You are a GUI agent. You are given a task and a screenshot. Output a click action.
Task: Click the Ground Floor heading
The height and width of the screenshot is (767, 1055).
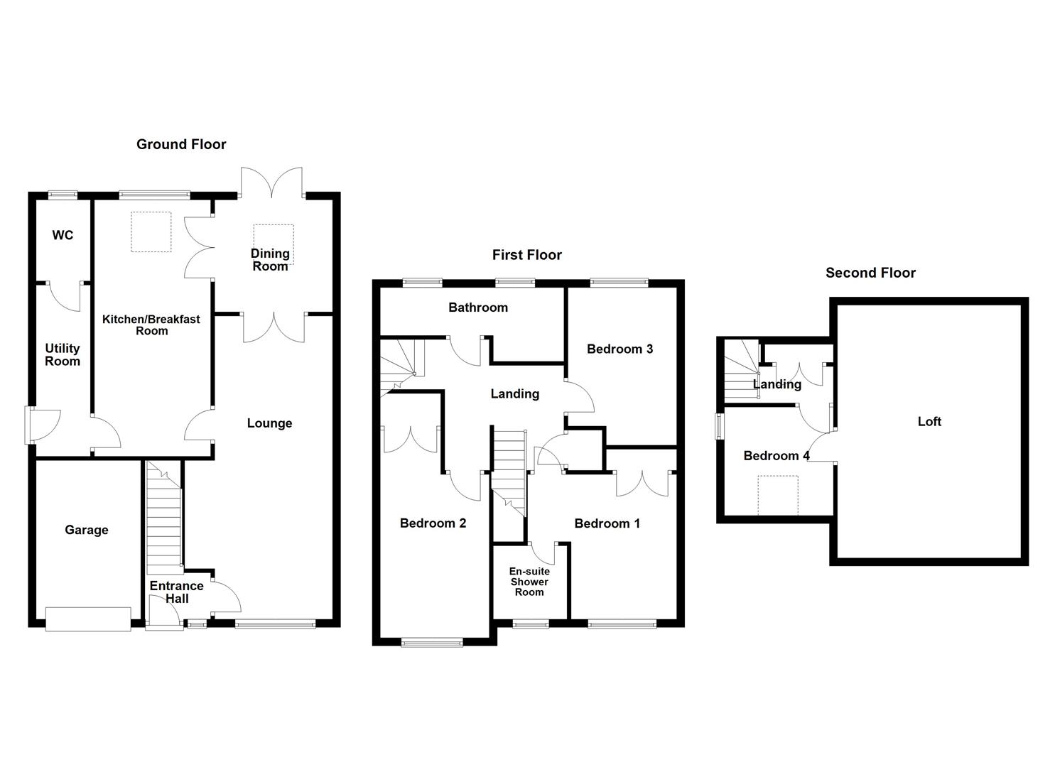click(181, 144)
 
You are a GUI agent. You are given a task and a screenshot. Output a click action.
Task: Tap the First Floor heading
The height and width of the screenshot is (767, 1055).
click(526, 255)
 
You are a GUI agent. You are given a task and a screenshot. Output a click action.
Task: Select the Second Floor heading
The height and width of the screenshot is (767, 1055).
click(870, 273)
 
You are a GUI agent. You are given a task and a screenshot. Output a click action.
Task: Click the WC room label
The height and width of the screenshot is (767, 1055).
click(63, 235)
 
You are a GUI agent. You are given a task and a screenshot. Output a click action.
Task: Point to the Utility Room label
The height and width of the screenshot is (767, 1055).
click(63, 354)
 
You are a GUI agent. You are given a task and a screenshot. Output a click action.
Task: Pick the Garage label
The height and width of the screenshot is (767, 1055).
click(87, 530)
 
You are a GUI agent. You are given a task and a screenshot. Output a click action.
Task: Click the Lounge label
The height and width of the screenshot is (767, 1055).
click(269, 423)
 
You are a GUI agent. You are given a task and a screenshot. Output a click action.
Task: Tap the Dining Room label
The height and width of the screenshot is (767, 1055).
click(270, 260)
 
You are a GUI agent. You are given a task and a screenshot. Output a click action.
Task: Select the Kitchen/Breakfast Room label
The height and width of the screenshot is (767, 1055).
click(151, 325)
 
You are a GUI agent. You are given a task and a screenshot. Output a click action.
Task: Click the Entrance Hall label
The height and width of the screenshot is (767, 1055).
click(176, 592)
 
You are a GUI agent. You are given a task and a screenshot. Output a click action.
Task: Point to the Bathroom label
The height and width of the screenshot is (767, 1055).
click(477, 308)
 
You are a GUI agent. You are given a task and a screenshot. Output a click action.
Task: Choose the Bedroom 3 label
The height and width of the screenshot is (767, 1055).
click(620, 349)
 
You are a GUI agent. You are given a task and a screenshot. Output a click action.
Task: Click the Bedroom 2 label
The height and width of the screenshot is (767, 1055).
click(433, 523)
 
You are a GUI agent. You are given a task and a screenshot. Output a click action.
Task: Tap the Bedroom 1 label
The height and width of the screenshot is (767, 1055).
click(607, 523)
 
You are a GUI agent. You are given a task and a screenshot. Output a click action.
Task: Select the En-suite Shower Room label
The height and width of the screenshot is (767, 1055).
click(529, 582)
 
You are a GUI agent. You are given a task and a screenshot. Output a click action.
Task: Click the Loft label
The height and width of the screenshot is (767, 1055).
click(929, 421)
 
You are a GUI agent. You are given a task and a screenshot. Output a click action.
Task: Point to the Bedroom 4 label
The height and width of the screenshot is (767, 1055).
click(777, 456)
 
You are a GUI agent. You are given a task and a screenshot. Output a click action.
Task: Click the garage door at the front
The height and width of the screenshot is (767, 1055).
click(88, 619)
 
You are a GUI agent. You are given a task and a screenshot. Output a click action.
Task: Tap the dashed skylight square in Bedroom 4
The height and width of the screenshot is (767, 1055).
click(778, 495)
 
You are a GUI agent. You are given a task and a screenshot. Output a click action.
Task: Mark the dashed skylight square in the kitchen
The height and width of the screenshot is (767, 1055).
click(151, 232)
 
